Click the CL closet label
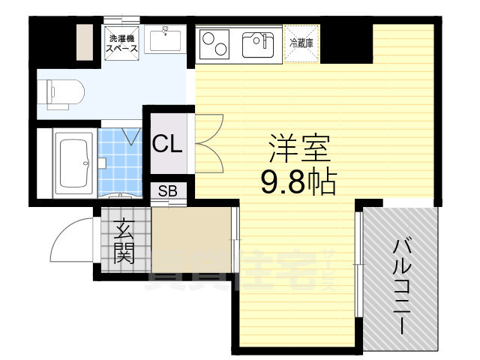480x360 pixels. (167, 143)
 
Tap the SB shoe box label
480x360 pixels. (167, 190)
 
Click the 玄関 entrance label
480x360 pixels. (124, 241)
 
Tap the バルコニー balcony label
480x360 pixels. (401, 285)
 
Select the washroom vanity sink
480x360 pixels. (166, 39)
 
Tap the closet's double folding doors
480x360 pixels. (206, 142)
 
